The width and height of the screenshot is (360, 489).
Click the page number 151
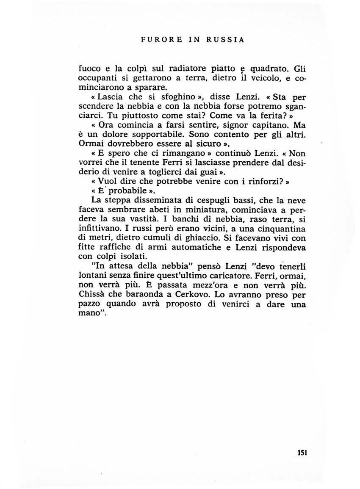302,452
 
